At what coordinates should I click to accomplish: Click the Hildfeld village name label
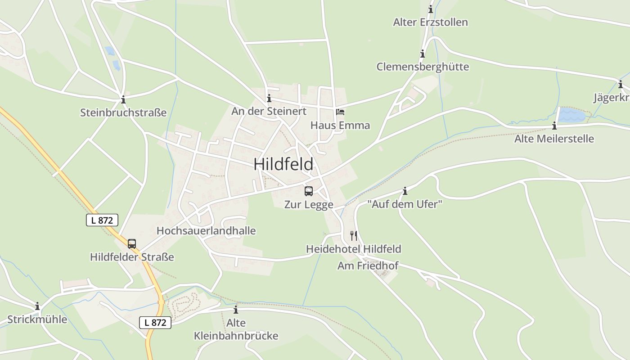[x=283, y=164]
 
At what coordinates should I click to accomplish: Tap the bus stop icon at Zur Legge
[x=309, y=191]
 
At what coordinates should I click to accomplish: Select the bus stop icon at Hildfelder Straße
[x=132, y=244]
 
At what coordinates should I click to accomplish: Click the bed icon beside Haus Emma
[x=340, y=112]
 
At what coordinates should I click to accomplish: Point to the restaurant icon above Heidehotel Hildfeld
[x=354, y=235]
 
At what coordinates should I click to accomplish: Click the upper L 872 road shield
[x=102, y=220]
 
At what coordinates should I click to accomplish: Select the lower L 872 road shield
[x=155, y=322]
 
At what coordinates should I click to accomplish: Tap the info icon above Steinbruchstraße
[x=123, y=99]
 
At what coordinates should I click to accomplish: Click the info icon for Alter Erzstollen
[x=431, y=9]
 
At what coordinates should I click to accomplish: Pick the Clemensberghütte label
[x=423, y=67]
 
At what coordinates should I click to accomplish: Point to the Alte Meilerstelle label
[x=554, y=139]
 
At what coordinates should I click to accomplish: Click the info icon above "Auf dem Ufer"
[x=405, y=191]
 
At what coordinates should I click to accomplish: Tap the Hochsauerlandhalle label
[x=206, y=231]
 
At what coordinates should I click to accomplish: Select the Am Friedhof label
[x=368, y=266]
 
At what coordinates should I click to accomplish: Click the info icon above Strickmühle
[x=37, y=306]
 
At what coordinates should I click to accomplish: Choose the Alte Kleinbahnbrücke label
[x=236, y=329]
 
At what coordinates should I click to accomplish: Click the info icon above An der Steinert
[x=269, y=99]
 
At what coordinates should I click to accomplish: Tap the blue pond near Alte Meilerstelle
[x=572, y=115]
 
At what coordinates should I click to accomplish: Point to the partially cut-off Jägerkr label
[x=611, y=98]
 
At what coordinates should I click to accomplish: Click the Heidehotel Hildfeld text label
[x=353, y=249]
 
